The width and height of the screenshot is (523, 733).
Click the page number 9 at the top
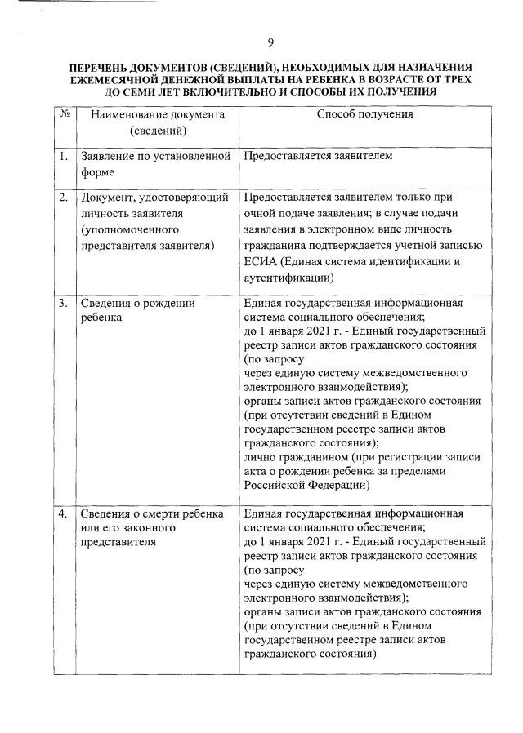pos(270,43)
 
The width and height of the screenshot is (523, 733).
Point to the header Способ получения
pos(364,114)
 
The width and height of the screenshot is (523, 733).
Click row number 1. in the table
pos(63,156)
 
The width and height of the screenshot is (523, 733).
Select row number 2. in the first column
pos(63,198)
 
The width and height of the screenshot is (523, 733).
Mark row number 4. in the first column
pos(63,513)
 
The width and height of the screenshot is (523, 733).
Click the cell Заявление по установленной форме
pos(155,164)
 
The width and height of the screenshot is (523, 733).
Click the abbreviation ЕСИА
pos(261,261)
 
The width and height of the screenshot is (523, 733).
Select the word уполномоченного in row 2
pos(123,229)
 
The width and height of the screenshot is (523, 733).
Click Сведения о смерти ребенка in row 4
pos(151,513)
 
